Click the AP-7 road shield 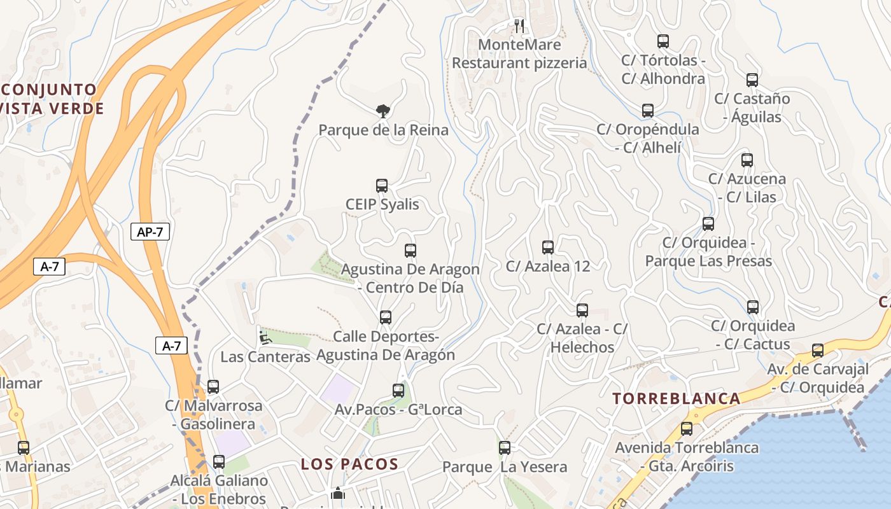(x=150, y=232)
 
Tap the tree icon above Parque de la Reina (x=382, y=111)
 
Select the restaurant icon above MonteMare (x=520, y=25)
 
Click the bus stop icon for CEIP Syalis (x=382, y=186)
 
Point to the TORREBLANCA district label (x=677, y=399)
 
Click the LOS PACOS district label (x=349, y=464)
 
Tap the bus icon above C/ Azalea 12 (x=548, y=248)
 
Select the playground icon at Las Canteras (x=265, y=337)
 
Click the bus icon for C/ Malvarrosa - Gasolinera (x=213, y=387)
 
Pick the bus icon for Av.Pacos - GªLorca (x=398, y=391)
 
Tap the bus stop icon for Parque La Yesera (x=505, y=448)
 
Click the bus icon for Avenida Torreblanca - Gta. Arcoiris (x=686, y=429)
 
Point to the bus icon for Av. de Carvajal (x=818, y=351)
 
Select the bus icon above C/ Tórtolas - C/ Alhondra (x=663, y=42)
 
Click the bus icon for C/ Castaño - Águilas (x=752, y=80)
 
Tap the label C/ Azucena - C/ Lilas (x=747, y=188)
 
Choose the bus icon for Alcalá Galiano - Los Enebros (x=219, y=462)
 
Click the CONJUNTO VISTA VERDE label (x=51, y=99)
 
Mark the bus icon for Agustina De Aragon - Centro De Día (x=410, y=251)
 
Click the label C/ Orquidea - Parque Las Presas (x=708, y=252)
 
